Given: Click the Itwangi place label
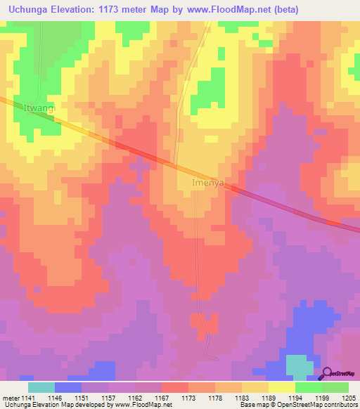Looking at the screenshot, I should point(39,109).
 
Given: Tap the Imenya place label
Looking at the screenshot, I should point(208,183).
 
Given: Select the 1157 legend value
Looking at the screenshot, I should point(108,398).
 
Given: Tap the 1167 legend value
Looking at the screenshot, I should point(162,398).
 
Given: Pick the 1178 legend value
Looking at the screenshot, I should point(215,398).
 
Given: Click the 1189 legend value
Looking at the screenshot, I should point(269,398).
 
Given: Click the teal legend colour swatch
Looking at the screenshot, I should point(41,387).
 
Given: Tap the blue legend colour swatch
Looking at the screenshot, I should point(68,387).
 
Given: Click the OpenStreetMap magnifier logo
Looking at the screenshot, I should point(326,373).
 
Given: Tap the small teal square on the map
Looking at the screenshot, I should point(300,366).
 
